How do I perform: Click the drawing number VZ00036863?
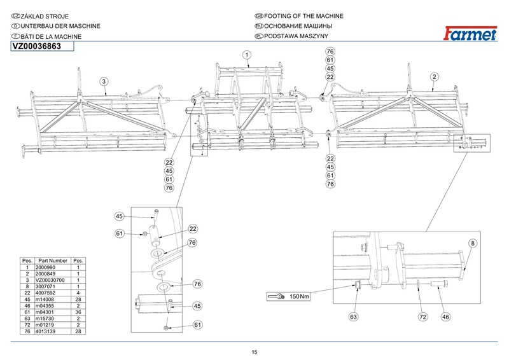37,45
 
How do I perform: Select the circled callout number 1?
246,55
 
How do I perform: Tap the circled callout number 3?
104,81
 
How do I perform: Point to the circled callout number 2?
433,76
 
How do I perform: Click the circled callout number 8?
473,244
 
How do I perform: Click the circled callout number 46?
446,315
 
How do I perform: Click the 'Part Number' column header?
52,261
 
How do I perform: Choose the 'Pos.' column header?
27,261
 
